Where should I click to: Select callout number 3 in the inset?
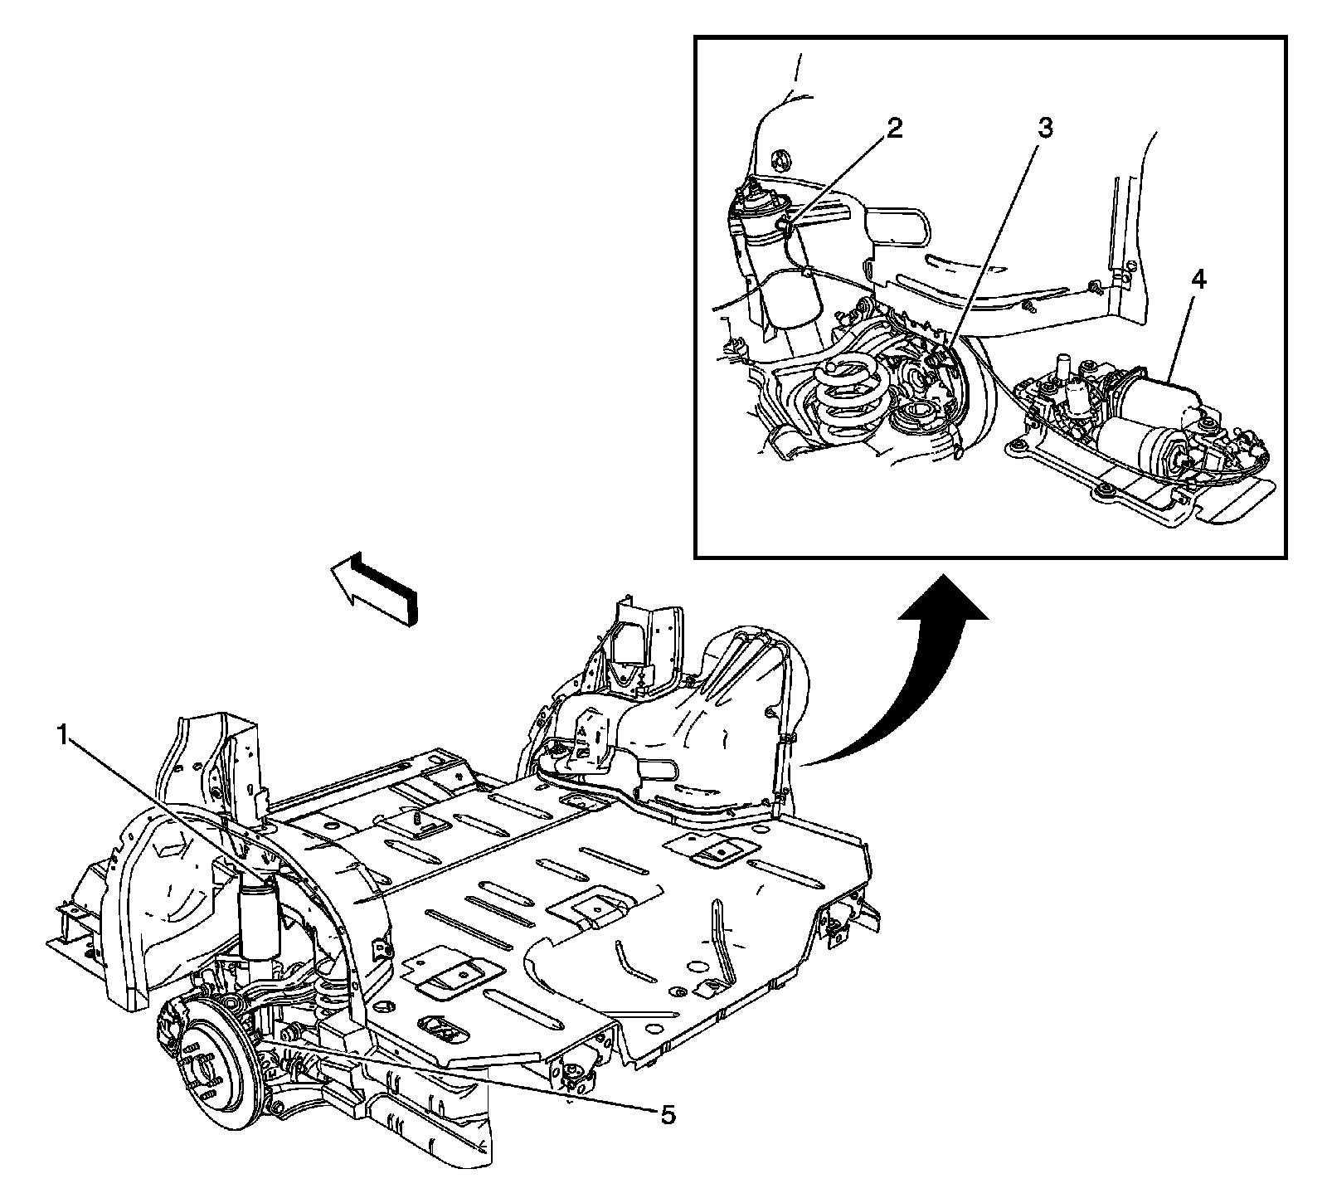click(1044, 128)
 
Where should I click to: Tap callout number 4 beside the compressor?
click(1197, 280)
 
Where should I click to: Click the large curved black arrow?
click(912, 680)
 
